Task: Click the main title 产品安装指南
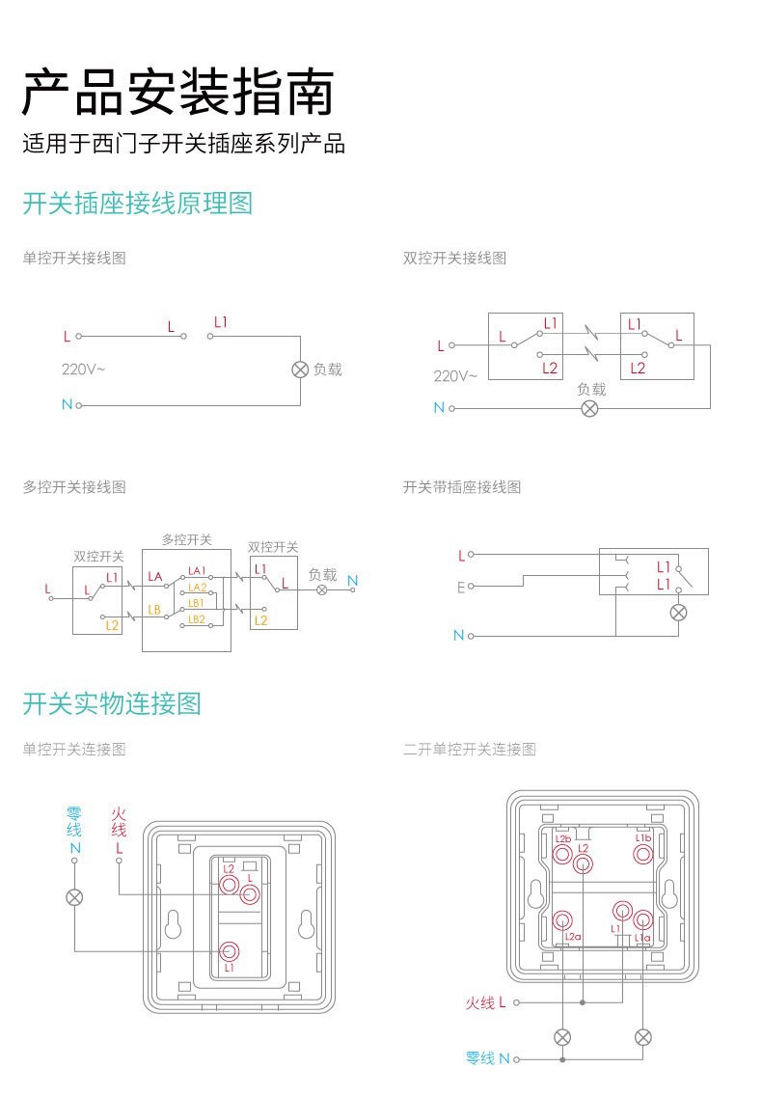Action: (x=178, y=93)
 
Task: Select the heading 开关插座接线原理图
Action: (x=137, y=204)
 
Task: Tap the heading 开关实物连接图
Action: (x=112, y=703)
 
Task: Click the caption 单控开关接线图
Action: (x=74, y=258)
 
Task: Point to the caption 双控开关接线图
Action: (x=454, y=258)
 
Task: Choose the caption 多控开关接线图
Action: (x=74, y=487)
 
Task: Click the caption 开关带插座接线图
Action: (x=461, y=487)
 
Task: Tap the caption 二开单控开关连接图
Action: (x=469, y=749)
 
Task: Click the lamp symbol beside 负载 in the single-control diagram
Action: (x=299, y=370)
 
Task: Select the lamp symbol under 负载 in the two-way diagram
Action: (x=590, y=408)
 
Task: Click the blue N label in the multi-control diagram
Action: (x=352, y=580)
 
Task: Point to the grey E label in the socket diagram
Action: (x=461, y=587)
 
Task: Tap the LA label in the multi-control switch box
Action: (x=155, y=577)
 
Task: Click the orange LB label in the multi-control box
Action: (x=154, y=609)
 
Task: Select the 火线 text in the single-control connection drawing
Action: (x=119, y=822)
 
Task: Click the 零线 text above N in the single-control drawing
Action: (x=74, y=822)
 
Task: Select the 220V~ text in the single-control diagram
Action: (x=84, y=369)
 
